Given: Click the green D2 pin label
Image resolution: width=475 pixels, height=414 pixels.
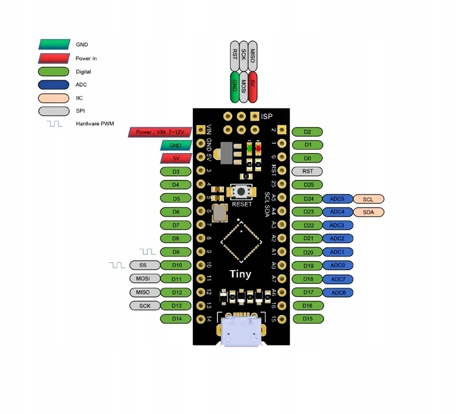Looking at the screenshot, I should click(x=307, y=132).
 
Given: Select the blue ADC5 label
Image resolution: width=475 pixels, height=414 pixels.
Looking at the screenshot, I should click(x=337, y=199).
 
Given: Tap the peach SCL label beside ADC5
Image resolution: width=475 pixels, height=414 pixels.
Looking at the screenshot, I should click(x=368, y=199).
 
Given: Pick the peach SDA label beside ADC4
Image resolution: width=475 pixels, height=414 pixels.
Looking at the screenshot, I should click(x=368, y=212).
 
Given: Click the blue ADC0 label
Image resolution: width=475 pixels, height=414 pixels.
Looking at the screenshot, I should click(x=337, y=265).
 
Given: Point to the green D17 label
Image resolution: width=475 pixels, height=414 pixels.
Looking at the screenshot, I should click(x=307, y=292).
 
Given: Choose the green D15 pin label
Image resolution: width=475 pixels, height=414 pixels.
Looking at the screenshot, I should click(x=307, y=319).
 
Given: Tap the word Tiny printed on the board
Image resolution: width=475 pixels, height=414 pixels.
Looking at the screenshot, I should click(x=240, y=274).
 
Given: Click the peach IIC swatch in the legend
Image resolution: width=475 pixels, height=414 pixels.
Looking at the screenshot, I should click(x=55, y=98).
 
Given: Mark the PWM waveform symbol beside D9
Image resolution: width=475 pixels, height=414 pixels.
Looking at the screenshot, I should click(x=147, y=251).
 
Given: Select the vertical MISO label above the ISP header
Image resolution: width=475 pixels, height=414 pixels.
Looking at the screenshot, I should click(x=253, y=56).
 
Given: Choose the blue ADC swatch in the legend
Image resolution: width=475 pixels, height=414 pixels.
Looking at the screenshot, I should click(x=55, y=85).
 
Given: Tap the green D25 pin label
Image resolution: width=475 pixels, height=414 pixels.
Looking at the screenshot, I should click(x=307, y=185).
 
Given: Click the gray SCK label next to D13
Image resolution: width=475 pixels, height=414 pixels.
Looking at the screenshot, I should click(x=144, y=305).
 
